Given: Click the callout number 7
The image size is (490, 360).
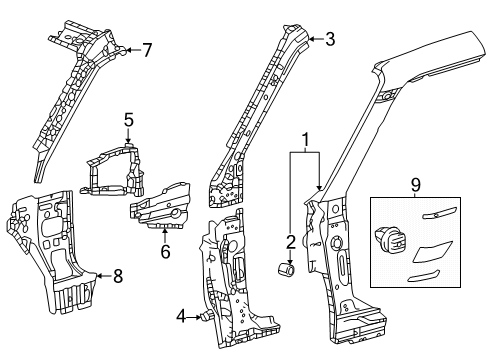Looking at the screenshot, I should click(146, 49).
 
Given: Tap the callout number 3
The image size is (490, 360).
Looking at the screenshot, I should click(331, 40).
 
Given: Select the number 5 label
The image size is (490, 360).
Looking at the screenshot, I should click(128, 120).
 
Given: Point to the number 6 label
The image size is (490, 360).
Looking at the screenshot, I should click(165, 252).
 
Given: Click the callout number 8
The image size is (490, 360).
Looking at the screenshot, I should click(118, 277).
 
